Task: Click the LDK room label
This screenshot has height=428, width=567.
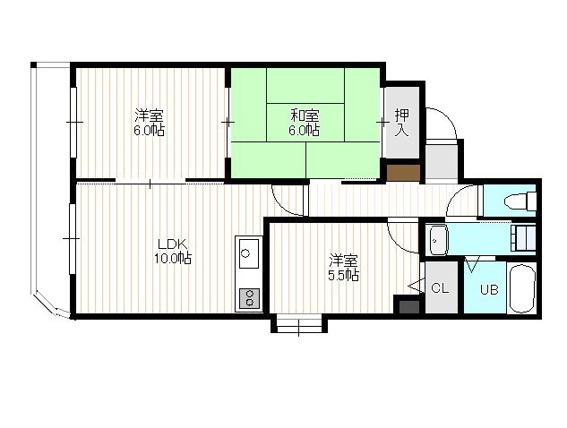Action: point(172,243)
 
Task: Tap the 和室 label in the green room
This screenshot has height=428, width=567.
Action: point(305,116)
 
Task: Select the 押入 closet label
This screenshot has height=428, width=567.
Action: point(402,123)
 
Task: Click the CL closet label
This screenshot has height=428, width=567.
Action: point(440,288)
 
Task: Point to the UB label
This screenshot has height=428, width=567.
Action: point(489,289)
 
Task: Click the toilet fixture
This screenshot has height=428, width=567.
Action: point(520,201)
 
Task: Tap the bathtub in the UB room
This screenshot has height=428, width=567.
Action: point(521,288)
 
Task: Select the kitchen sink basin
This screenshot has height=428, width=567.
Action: point(249,253)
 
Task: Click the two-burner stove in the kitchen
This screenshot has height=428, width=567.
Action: point(249,298)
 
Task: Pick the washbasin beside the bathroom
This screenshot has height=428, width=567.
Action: point(438,240)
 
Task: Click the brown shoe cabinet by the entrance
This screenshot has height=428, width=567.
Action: point(403,173)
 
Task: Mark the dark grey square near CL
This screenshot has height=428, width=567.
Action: point(409,306)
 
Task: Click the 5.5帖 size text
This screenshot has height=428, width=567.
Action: point(343,276)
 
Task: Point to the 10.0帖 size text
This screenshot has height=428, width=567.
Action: point(173,258)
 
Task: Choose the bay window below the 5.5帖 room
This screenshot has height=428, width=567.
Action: point(299,323)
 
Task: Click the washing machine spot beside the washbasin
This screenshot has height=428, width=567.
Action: point(523,238)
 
